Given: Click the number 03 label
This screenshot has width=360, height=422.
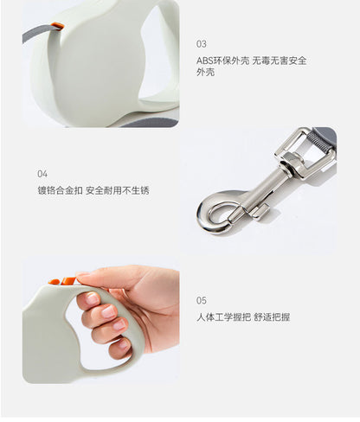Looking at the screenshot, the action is pyautogui.click(x=202, y=44).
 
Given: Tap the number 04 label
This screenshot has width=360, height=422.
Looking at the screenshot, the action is pyautogui.click(x=42, y=174).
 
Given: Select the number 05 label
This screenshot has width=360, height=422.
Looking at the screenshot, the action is pyautogui.click(x=202, y=301).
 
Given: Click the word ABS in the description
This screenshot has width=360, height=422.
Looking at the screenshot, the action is pyautogui.click(x=204, y=61).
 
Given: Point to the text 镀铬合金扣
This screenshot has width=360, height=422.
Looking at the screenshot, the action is pyautogui.click(x=60, y=190).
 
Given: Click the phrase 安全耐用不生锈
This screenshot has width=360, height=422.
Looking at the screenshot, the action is pyautogui.click(x=118, y=190).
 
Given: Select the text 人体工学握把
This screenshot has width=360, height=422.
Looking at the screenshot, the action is pyautogui.click(x=223, y=317).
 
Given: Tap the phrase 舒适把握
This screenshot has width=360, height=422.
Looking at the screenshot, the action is pyautogui.click(x=272, y=317).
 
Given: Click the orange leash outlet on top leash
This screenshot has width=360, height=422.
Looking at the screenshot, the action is pyautogui.click(x=57, y=26).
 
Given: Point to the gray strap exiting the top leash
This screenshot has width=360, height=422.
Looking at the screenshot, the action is pyautogui.click(x=37, y=33).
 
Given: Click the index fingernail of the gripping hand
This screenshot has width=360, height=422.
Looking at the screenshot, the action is pyautogui.click(x=93, y=298).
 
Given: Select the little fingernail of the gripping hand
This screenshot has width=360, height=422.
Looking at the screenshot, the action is pyautogui.click(x=123, y=344).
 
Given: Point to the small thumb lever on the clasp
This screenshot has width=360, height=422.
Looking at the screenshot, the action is pyautogui.click(x=260, y=211).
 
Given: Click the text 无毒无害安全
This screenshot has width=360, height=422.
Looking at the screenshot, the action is pyautogui.click(x=280, y=61).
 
